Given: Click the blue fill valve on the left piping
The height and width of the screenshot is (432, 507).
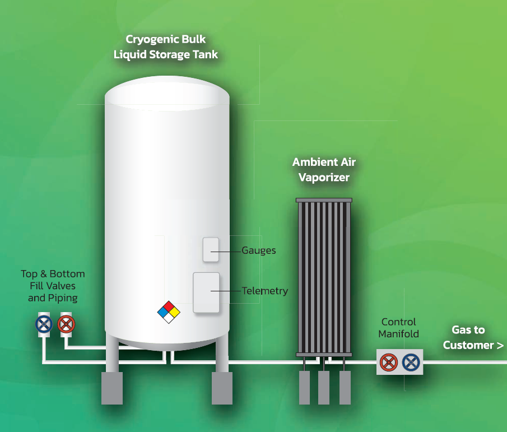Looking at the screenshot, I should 44,324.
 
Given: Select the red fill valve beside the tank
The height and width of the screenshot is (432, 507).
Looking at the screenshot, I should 66,324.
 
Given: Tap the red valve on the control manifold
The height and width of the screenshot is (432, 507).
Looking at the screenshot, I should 388,363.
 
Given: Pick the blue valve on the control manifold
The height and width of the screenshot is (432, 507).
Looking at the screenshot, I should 411,363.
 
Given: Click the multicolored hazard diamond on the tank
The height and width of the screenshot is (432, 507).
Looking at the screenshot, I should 169,312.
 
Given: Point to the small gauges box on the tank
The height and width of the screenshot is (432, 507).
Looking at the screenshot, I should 211,249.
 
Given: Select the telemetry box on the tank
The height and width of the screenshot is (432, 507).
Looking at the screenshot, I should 206,292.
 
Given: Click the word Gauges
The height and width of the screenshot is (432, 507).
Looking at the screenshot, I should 259,250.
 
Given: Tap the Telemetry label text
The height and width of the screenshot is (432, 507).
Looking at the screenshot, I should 265,291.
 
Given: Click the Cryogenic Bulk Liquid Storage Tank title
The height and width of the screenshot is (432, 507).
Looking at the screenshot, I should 166,47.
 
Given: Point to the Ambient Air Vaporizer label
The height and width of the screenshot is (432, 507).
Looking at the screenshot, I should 324,170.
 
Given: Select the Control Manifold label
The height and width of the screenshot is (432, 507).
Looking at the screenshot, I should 398,328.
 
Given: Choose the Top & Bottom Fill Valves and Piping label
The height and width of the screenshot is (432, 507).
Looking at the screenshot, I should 53,286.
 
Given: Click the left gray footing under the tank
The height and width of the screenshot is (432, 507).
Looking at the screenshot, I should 112,387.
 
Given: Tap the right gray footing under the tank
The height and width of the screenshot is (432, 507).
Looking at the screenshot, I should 222,387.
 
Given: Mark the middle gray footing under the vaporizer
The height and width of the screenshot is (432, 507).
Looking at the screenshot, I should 324,387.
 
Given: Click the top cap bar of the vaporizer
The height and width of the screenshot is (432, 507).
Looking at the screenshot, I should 324,200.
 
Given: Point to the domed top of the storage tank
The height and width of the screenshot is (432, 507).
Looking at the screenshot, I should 167,94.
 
